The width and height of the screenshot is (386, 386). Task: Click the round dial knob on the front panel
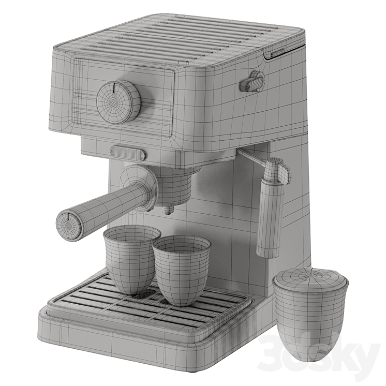coord(118,101)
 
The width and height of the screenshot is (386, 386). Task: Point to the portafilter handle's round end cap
coord(68,225)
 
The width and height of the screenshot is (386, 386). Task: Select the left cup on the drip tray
coord(132,260)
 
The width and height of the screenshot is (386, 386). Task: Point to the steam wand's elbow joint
coord(276,170)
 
